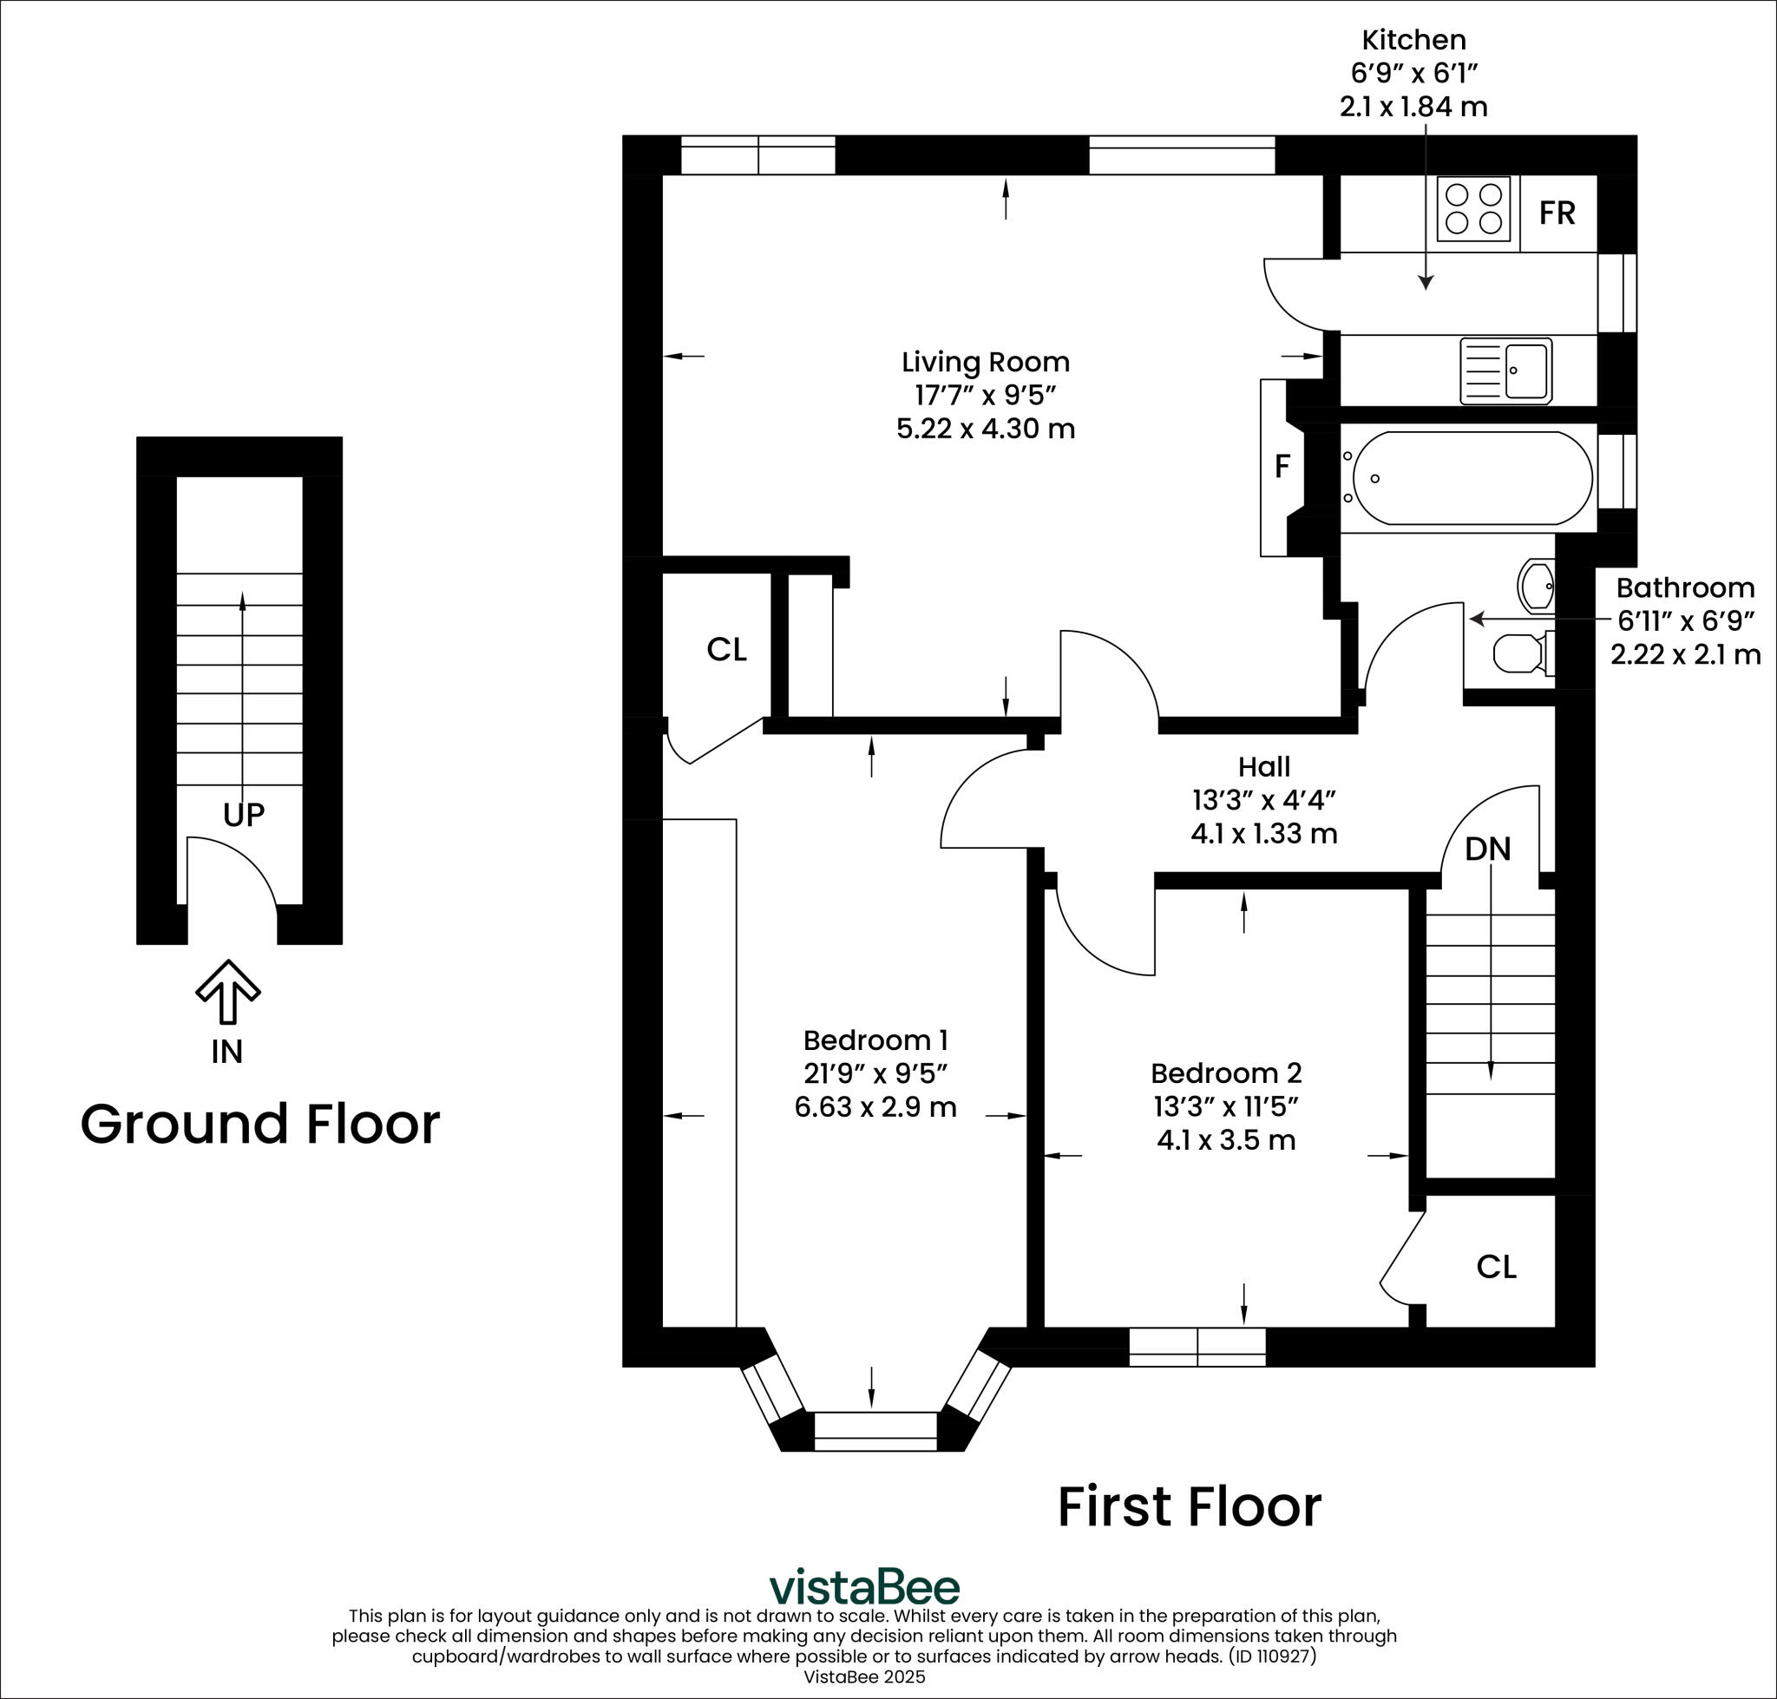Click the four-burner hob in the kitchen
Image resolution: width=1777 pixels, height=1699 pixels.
click(1473, 208)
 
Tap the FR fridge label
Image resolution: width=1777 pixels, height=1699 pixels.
click(1557, 213)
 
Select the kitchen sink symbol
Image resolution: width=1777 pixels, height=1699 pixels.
click(1505, 371)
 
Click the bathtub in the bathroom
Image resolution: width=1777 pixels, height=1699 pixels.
click(1472, 478)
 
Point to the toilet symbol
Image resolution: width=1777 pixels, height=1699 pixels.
click(1520, 653)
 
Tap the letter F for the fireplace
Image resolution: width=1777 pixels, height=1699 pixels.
click(1282, 467)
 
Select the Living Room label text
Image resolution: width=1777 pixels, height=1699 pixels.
click(986, 362)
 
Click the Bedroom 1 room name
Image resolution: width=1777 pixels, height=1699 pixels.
click(875, 1040)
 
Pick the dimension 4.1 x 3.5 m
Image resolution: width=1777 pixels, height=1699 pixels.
click(1225, 1139)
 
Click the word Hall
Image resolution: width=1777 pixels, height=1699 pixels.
click(1263, 767)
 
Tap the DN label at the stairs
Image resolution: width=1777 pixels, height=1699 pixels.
click(1488, 849)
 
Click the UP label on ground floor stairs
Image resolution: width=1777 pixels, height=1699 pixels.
click(244, 815)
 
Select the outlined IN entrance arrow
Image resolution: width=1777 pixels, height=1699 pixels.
click(228, 992)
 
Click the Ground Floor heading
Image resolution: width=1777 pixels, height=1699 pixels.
click(260, 1124)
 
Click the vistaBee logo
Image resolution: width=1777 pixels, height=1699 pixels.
click(864, 1587)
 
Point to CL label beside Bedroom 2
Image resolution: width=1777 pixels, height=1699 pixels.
click(1496, 1267)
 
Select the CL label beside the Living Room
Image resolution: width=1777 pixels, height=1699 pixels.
click(726, 649)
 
